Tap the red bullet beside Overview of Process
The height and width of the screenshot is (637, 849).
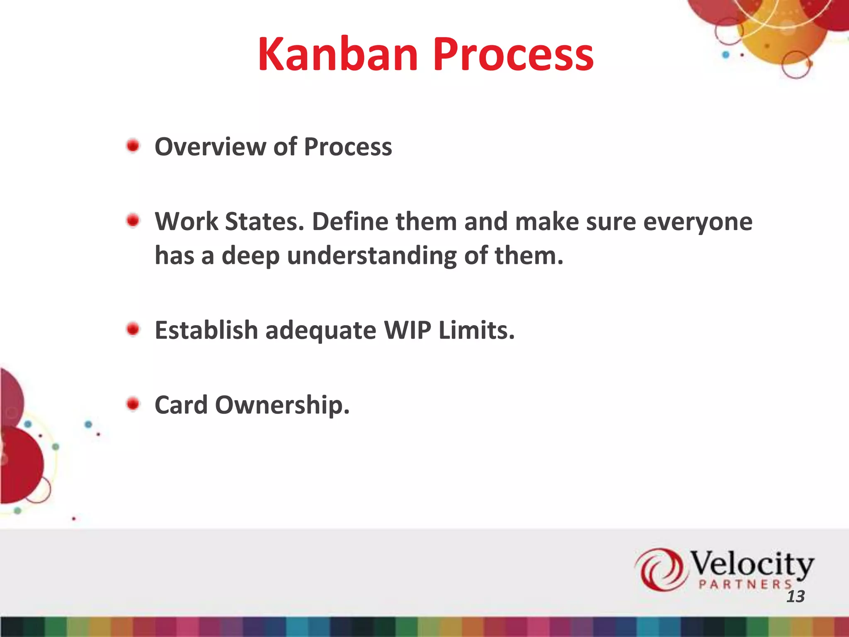coord(133,146)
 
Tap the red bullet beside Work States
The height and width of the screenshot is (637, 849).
coord(133,221)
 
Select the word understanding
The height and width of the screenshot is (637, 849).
coord(371,256)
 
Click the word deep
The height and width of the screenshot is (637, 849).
coord(250,256)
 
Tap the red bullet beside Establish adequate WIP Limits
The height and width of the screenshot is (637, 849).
coord(133,330)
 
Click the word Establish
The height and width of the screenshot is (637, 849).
coord(206,331)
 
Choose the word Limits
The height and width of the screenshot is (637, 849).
coord(476,331)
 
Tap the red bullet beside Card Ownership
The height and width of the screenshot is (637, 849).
coord(133,404)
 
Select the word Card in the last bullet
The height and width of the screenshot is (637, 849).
coord(181,405)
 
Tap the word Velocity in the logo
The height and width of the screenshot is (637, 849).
coord(751,564)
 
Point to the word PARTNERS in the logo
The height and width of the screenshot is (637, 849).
coord(745,585)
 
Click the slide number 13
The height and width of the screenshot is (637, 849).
coord(795,597)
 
